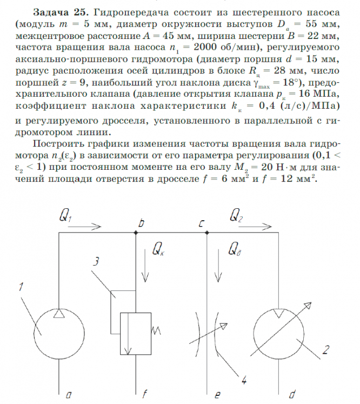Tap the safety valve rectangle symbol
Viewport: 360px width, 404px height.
(x=136, y=334)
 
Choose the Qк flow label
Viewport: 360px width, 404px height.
(x=159, y=249)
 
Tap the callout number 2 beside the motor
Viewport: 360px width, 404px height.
(x=325, y=349)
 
